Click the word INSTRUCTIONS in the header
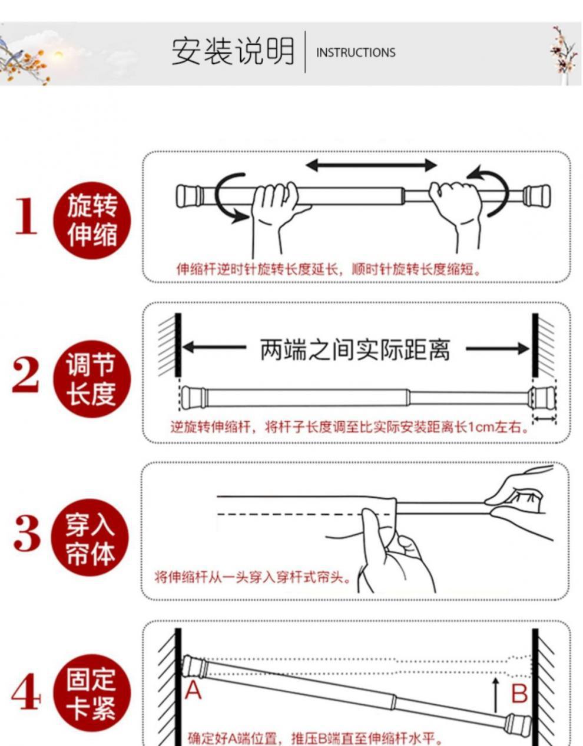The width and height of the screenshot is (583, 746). (x=356, y=52)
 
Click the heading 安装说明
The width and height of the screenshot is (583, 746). (x=233, y=52)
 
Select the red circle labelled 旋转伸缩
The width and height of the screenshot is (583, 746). (x=92, y=221)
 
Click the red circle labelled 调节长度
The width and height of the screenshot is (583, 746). (x=92, y=379)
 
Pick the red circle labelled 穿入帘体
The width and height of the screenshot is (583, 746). (x=90, y=538)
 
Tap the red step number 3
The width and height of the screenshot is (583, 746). (x=27, y=533)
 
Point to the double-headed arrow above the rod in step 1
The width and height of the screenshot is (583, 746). (x=371, y=165)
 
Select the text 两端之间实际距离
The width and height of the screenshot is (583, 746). (x=355, y=350)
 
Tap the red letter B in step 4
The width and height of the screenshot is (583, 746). (x=519, y=694)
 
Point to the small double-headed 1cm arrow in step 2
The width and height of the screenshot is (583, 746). (x=544, y=418)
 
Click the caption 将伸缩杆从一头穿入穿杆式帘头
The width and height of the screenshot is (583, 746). (x=253, y=577)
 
